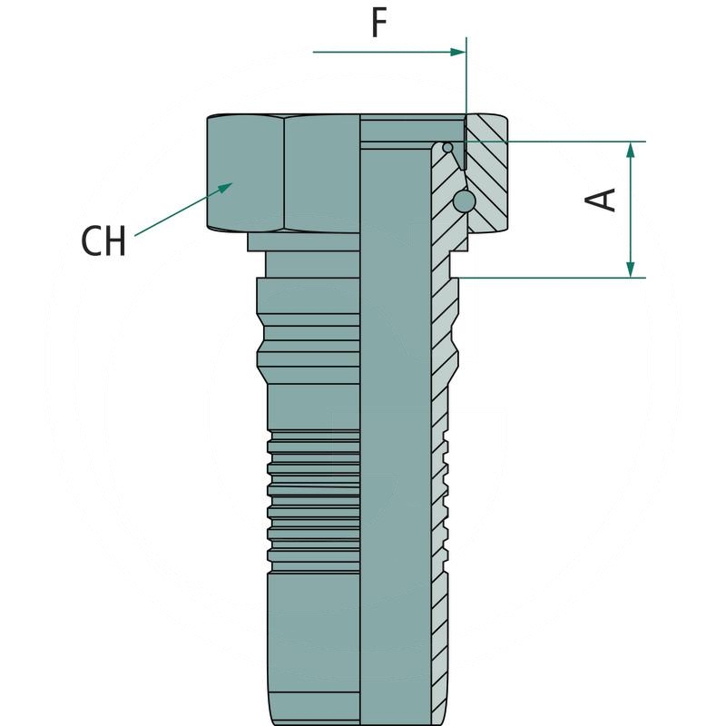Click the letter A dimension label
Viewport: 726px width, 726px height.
coord(603,200)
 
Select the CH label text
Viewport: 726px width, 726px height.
coord(103,241)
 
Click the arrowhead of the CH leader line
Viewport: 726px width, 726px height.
coord(222,186)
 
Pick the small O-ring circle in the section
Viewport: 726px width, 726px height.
coord(447,148)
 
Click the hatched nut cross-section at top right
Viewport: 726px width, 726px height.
coord(490,172)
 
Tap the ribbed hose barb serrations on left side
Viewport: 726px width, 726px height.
coord(313,490)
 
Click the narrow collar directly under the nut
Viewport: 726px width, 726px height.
coord(304,241)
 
